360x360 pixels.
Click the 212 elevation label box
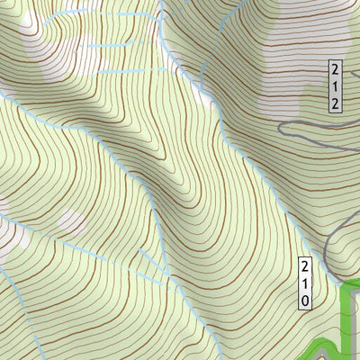click(334, 85)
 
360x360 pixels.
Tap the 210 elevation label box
click(305, 283)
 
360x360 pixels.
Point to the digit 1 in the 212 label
click(334, 85)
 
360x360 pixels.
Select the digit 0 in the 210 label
click(305, 300)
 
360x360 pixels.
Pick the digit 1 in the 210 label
click(305, 283)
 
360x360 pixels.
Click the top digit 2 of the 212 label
click(334, 69)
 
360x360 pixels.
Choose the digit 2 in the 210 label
click(305, 267)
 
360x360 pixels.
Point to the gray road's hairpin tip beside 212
click(281, 129)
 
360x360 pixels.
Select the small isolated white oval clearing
click(69, 219)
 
